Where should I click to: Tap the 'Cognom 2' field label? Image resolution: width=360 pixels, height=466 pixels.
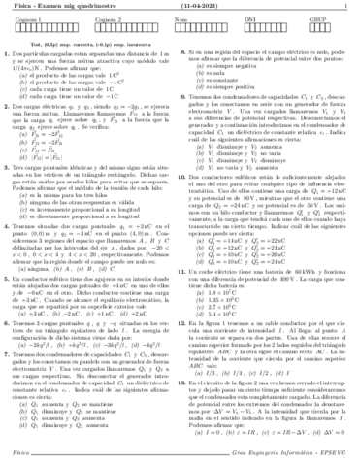[x=107, y=19]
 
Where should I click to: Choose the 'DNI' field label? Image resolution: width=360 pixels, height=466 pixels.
[x=253, y=19]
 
